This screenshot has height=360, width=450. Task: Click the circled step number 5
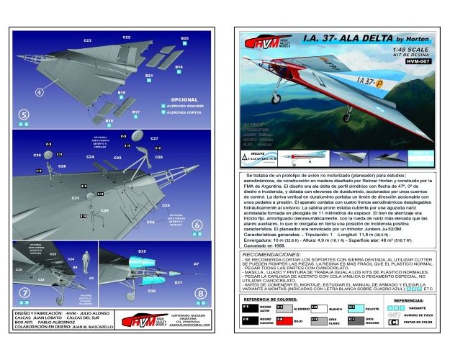(x=24, y=114)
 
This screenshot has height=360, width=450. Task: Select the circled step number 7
(x=24, y=293)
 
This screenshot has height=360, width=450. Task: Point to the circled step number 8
(x=200, y=293)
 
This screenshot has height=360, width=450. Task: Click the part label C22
(x=127, y=36)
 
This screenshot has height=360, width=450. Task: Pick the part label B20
(x=184, y=38)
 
